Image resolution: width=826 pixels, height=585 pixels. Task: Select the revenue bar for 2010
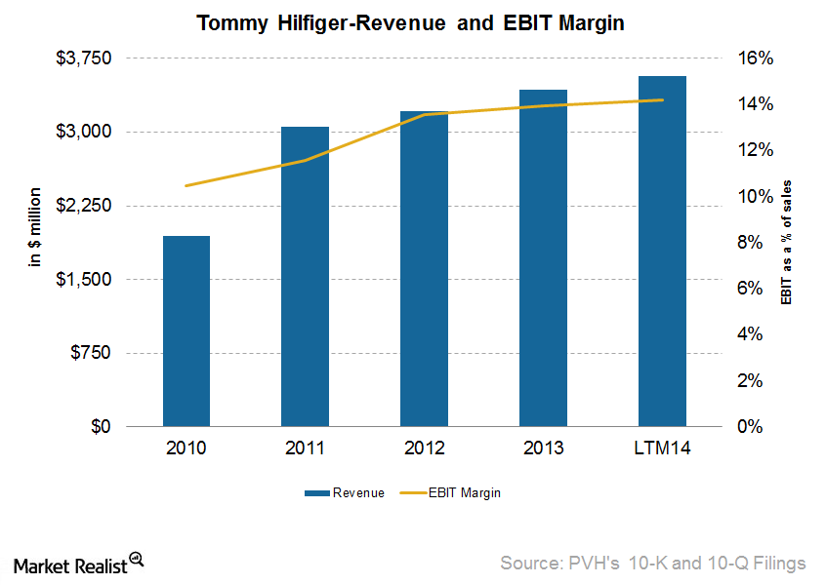(x=186, y=331)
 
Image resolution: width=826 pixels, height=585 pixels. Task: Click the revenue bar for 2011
(x=305, y=277)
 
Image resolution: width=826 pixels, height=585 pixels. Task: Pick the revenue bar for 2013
(x=543, y=258)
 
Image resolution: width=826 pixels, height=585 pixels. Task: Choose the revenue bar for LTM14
(x=662, y=252)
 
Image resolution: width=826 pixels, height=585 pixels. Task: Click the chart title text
(x=414, y=21)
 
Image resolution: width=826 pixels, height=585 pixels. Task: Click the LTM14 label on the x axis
(x=662, y=449)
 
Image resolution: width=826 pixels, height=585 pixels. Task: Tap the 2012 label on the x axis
(x=424, y=449)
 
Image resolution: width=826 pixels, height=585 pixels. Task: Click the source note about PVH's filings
(x=652, y=563)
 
